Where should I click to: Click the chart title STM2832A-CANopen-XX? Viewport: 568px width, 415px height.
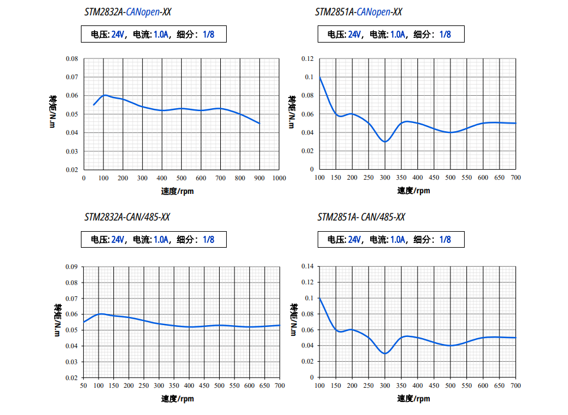(128, 11)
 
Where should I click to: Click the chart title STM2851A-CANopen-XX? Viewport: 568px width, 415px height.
(358, 11)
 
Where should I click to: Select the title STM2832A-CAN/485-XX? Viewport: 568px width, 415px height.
(128, 217)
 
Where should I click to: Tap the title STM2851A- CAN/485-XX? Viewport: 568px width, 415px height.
(361, 217)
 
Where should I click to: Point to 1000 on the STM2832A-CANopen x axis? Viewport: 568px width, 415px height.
(279, 177)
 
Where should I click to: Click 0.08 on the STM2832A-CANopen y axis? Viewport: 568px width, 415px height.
(71, 59)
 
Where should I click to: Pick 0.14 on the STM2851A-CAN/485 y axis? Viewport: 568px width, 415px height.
(307, 267)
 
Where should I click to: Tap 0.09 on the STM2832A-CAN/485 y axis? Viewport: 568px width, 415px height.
(71, 267)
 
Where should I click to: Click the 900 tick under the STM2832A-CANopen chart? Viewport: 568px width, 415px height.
(259, 177)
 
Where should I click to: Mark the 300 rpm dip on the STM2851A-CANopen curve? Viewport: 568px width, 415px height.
(385, 142)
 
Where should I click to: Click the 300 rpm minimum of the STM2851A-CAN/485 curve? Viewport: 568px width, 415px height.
(385, 354)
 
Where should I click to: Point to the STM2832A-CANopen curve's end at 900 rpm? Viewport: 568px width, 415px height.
(259, 123)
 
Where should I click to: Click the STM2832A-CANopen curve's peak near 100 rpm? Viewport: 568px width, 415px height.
(105, 95)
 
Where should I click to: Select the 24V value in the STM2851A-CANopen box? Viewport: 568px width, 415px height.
(354, 34)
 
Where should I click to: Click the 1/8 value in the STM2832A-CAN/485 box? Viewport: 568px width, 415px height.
(208, 239)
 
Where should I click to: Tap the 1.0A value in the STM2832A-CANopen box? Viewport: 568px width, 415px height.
(161, 34)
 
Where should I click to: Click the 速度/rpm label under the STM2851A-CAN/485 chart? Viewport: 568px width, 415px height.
(413, 398)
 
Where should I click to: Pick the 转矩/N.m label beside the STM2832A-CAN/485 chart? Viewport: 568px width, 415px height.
(57, 320)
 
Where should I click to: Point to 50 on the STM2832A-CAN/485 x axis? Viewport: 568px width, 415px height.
(84, 385)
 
